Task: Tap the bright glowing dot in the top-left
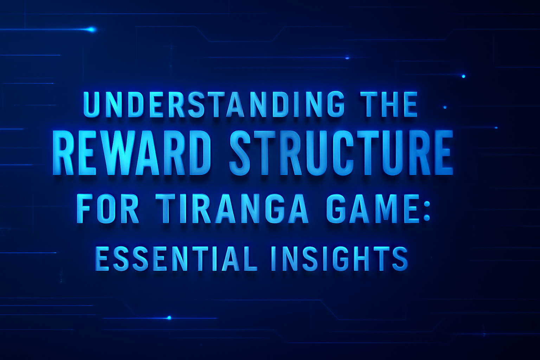[x=92, y=30]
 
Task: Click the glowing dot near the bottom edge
[x=169, y=318]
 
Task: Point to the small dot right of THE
[x=445, y=107]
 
